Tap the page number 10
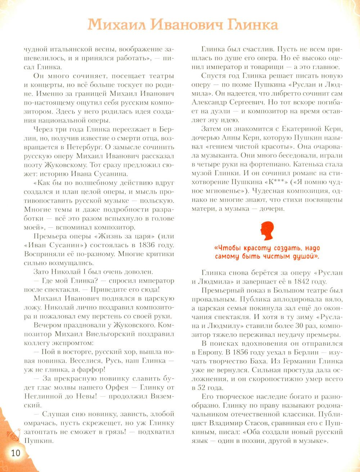(x=15, y=453)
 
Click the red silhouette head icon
(x=266, y=232)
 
